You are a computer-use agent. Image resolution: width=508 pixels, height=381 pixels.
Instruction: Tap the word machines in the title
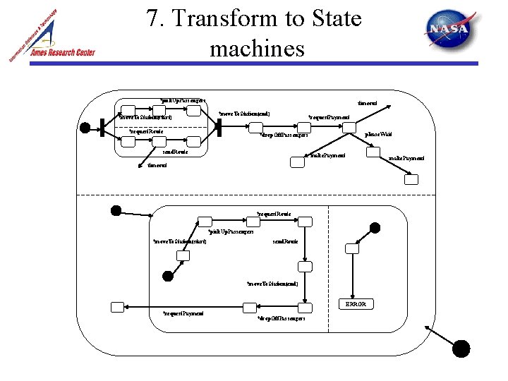point(257,49)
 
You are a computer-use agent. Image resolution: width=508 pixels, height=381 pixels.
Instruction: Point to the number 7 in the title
point(153,18)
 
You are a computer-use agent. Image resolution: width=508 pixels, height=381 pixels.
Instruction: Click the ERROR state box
point(355,304)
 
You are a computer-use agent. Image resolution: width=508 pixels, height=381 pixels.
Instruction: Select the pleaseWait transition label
point(377,134)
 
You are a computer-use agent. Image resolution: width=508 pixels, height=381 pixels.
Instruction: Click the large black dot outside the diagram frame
point(461,348)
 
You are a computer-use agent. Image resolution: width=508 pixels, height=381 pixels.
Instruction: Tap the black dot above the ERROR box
point(375,227)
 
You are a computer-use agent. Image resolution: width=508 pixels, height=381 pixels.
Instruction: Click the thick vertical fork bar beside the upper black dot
point(103,128)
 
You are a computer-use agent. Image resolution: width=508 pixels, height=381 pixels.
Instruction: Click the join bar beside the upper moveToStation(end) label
point(219,127)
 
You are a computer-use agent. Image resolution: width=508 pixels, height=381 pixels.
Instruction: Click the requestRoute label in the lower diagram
point(274,213)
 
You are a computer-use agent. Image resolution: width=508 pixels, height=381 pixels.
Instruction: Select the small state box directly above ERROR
point(350,248)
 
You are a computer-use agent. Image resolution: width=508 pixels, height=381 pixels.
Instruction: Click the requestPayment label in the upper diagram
point(329,117)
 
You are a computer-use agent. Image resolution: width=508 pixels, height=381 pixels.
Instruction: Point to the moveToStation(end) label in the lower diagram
point(272,284)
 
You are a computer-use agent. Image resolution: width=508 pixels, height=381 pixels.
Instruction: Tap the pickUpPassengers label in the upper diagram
point(182,101)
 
